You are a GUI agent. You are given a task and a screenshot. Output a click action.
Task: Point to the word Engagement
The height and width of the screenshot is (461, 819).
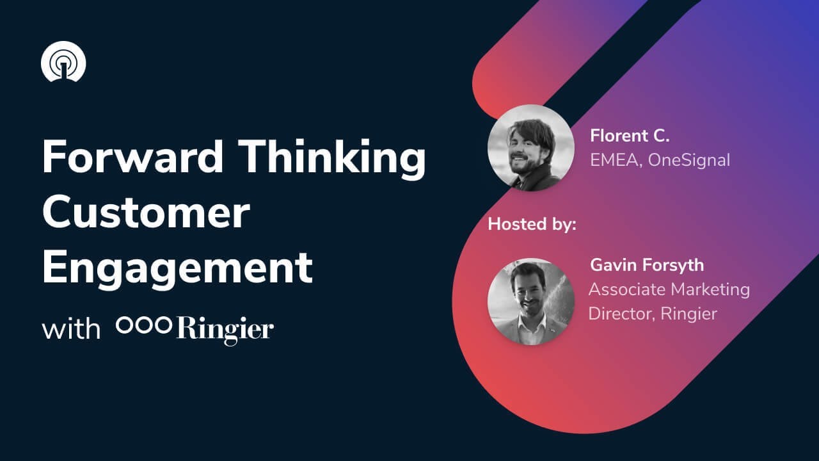pyautogui.click(x=177, y=269)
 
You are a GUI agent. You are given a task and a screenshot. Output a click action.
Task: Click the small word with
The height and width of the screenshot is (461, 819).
pyautogui.click(x=71, y=329)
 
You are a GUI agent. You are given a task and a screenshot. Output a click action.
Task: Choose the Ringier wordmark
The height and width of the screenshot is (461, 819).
pyautogui.click(x=225, y=329)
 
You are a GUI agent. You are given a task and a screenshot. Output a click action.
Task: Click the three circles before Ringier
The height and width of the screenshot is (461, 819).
pyautogui.click(x=143, y=326)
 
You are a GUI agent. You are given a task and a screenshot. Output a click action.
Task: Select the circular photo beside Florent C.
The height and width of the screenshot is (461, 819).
pyautogui.click(x=530, y=148)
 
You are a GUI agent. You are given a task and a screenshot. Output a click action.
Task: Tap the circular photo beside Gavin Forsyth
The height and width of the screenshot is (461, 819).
pyautogui.click(x=530, y=302)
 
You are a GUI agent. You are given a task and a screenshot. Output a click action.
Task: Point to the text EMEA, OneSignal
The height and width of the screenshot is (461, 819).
pyautogui.click(x=660, y=159)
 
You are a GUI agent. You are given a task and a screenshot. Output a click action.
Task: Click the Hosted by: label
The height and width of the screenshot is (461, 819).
pyautogui.click(x=532, y=225)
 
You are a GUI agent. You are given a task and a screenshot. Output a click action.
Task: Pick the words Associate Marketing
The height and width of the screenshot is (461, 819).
pyautogui.click(x=669, y=289)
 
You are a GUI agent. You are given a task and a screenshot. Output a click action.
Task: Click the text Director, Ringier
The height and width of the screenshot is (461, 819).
pyautogui.click(x=652, y=314)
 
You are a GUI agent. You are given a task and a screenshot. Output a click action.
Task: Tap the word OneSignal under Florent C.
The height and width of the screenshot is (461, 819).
pyautogui.click(x=688, y=159)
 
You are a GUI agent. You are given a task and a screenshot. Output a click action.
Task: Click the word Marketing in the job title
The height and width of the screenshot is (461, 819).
pyautogui.click(x=710, y=289)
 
